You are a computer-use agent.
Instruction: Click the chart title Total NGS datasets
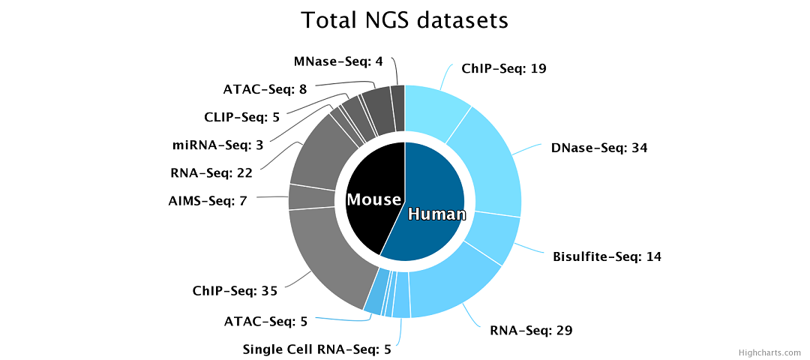click(404, 20)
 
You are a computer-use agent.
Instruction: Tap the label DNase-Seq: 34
click(598, 148)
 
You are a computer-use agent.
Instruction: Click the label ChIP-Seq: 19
click(503, 69)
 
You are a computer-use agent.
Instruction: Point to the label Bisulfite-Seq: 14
click(607, 256)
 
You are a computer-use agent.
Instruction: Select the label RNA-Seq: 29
click(532, 330)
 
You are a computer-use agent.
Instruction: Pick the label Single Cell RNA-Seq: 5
click(316, 349)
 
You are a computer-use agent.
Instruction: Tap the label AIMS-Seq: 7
click(208, 201)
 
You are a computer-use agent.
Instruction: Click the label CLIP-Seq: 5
click(241, 117)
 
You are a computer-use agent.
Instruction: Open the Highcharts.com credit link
click(771, 352)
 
